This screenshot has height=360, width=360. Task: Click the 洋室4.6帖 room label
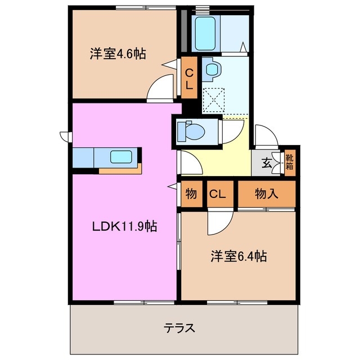click(118, 54)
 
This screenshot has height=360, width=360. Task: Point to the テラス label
click(179, 328)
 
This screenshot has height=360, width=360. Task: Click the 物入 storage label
click(267, 194)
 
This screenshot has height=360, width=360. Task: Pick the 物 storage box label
click(191, 194)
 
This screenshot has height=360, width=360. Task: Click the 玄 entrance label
click(267, 164)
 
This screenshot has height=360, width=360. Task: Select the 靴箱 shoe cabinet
click(289, 161)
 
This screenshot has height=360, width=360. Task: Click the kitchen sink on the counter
click(121, 157)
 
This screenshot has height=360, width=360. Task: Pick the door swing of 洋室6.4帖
click(218, 223)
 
